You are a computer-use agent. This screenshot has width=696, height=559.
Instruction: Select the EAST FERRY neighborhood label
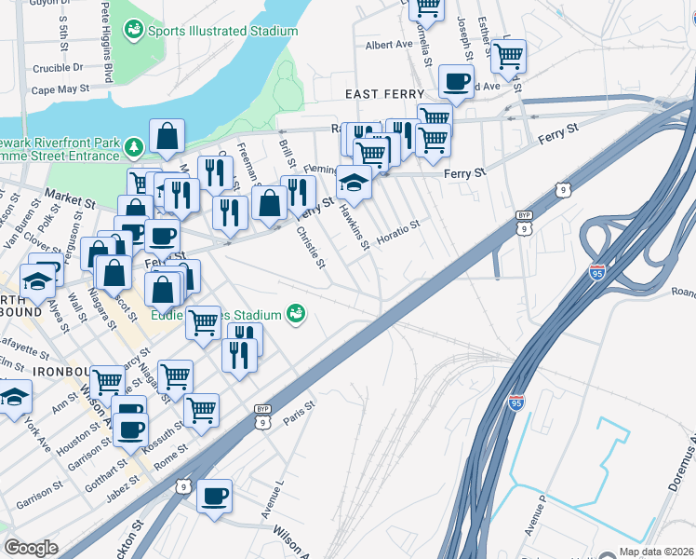385,95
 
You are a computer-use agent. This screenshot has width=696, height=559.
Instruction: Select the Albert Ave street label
389,44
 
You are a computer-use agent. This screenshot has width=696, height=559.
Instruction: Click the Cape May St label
60,90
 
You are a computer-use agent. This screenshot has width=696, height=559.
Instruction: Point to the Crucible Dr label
58,67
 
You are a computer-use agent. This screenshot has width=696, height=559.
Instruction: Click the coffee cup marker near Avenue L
214,494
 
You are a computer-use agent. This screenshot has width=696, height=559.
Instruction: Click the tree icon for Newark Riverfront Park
134,146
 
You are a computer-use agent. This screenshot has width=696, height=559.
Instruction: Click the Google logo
32,548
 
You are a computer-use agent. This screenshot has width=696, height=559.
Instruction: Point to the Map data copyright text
657,552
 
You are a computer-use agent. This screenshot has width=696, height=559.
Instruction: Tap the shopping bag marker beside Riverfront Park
166,136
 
